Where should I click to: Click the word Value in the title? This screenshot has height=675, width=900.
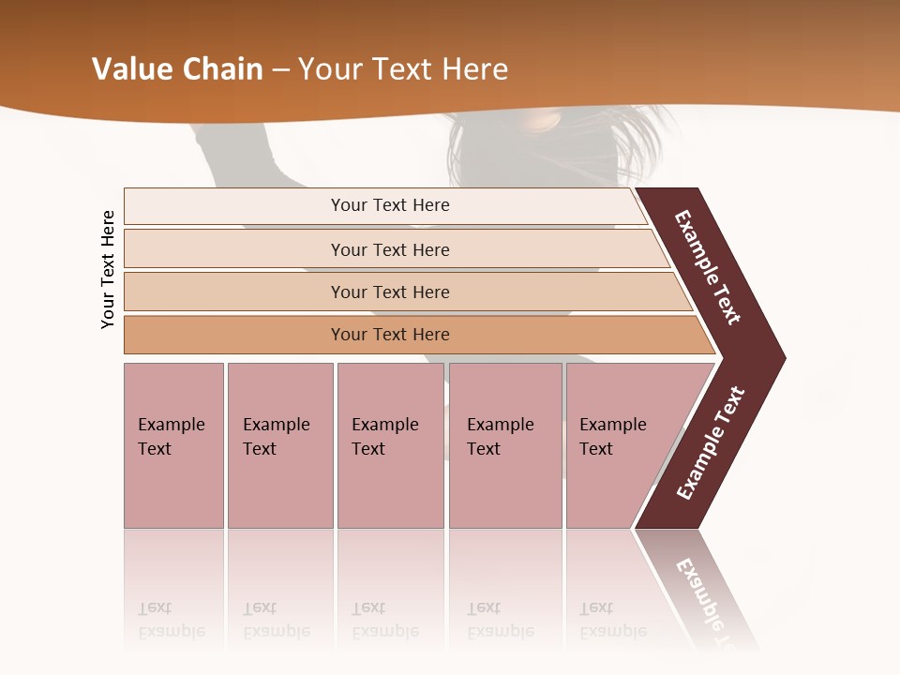tap(130, 69)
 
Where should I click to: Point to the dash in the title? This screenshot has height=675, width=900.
tap(279, 70)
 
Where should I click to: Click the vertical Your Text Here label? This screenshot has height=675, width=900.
tap(108, 269)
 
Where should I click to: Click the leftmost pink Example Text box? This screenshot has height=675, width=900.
tap(173, 445)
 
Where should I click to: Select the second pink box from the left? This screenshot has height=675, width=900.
tap(279, 445)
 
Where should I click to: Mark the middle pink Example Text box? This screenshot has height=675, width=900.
tap(390, 445)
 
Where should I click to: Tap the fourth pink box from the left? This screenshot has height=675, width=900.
tap(505, 445)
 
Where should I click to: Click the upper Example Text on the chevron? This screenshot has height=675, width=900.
tap(708, 267)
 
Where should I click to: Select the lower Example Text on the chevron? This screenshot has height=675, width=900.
tap(711, 443)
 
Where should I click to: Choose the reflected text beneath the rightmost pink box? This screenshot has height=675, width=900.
tap(612, 620)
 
